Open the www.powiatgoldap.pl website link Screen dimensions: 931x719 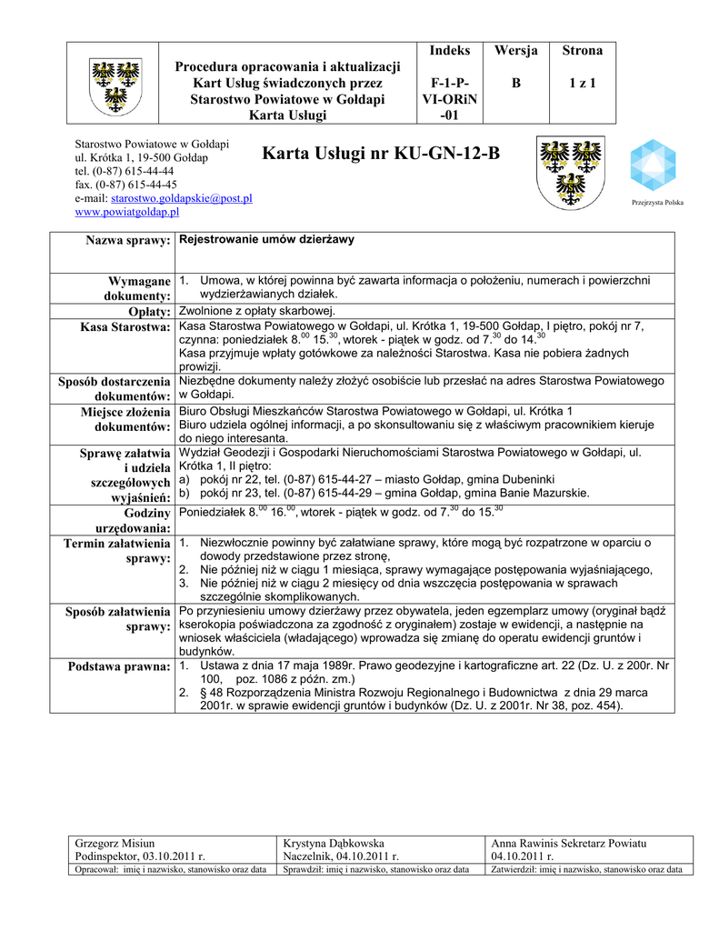126,211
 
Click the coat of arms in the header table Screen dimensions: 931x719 114,83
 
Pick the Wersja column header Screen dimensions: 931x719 516,51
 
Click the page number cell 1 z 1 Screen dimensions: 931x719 582,83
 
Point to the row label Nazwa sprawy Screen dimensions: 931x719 128,240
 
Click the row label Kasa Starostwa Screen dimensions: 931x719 125,327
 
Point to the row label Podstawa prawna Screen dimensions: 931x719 119,667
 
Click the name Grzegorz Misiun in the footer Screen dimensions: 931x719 115,844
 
